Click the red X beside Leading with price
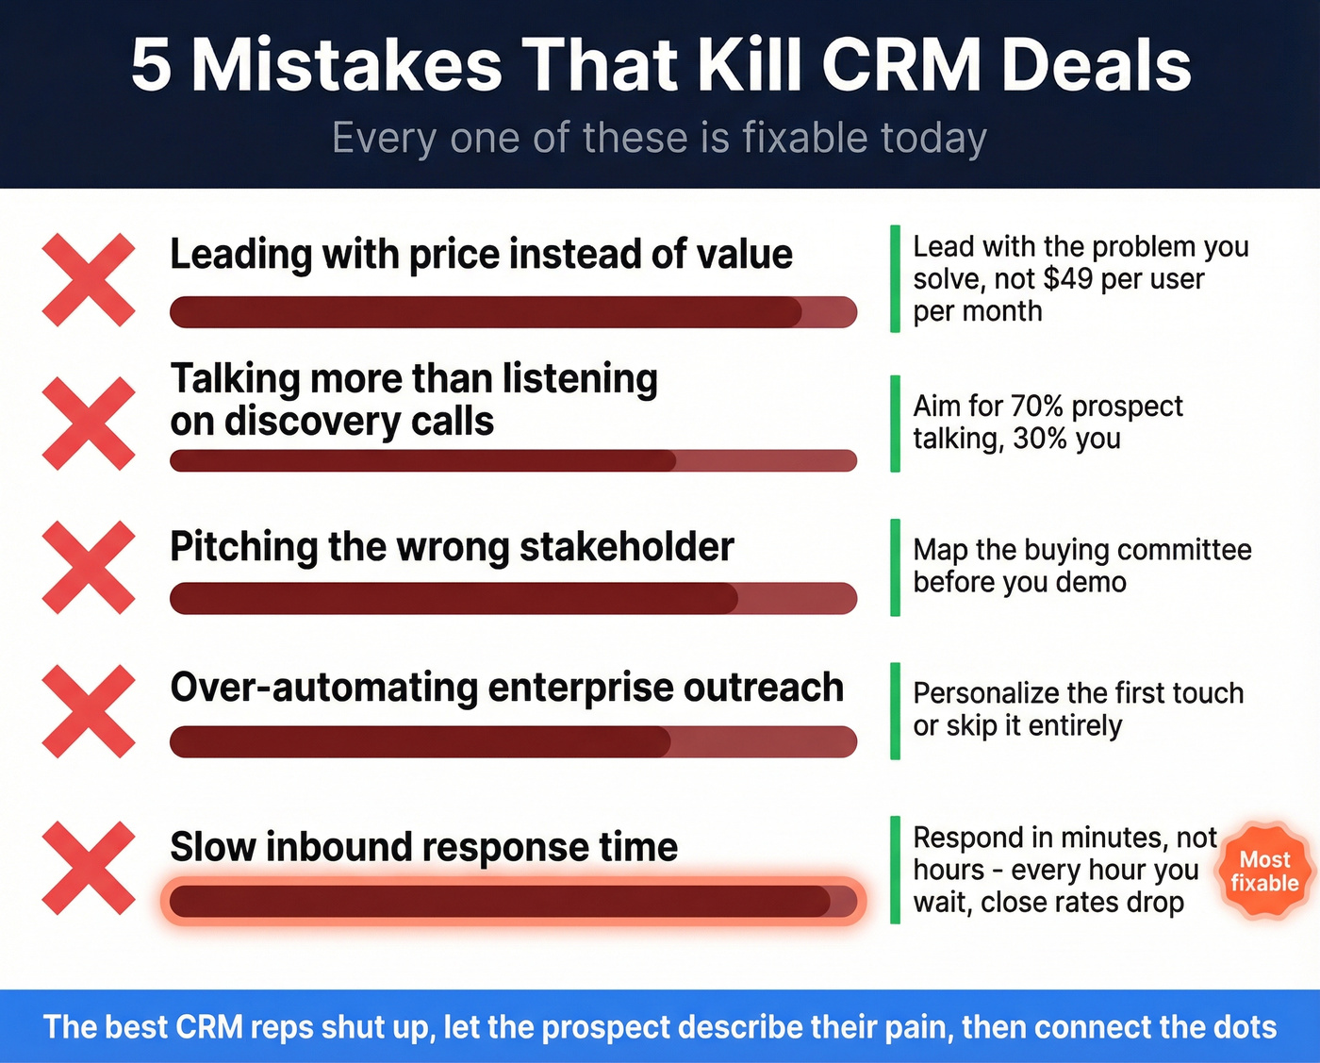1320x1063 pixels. (x=89, y=280)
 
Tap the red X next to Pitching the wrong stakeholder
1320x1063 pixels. (x=89, y=567)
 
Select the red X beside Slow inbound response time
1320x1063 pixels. (x=89, y=868)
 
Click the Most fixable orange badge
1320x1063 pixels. (x=1264, y=871)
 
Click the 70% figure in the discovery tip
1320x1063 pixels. (x=1036, y=406)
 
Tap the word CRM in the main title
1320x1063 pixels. (x=901, y=65)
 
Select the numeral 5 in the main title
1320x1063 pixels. (x=151, y=65)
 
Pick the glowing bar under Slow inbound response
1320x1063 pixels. (x=513, y=902)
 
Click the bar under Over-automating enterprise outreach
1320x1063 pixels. (x=513, y=741)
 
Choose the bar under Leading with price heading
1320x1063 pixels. (x=513, y=312)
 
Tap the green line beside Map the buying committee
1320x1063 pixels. (x=895, y=567)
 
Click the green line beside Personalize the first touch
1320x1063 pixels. (x=895, y=710)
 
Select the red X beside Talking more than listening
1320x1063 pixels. (x=89, y=424)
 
